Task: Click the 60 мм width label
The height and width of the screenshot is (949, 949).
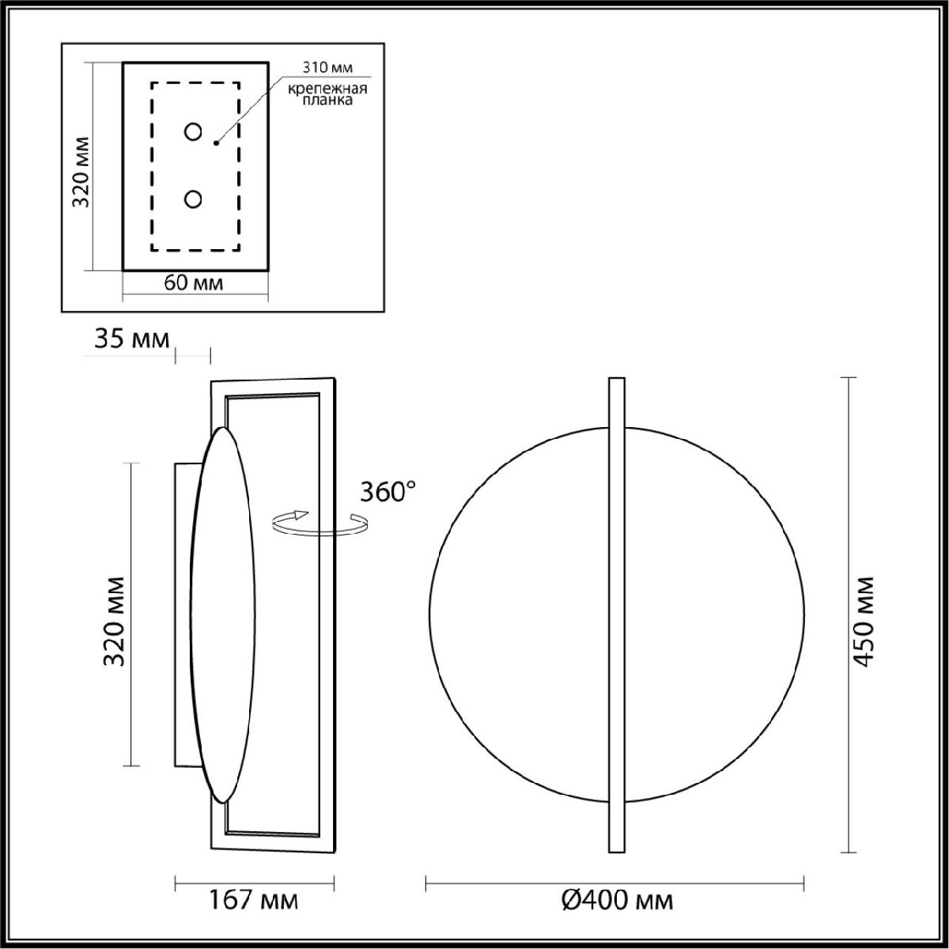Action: coord(193,283)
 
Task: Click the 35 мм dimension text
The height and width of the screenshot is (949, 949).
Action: coord(132,340)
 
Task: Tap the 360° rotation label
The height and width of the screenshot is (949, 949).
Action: coord(387,493)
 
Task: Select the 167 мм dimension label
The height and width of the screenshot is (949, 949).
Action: coord(254,900)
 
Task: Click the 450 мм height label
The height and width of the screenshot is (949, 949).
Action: coord(864,622)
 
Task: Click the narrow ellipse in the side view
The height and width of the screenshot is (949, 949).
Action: coord(224,614)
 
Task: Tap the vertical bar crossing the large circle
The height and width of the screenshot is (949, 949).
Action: coord(617,614)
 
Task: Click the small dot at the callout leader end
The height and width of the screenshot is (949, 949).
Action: coord(216,143)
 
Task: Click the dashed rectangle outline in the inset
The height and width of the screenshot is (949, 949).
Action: coord(152,166)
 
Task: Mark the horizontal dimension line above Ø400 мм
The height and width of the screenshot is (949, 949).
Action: coord(615,880)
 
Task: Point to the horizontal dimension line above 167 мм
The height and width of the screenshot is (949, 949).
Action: coord(254,880)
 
